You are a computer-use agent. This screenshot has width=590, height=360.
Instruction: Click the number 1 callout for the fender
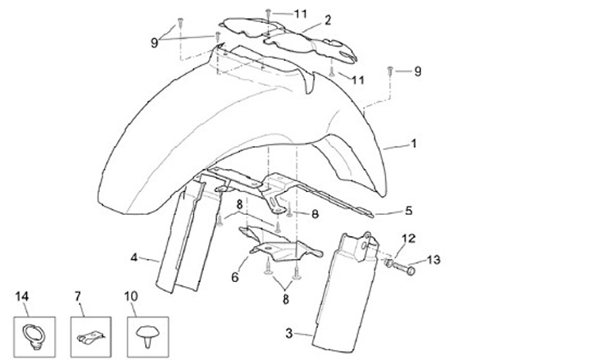[x=414, y=144]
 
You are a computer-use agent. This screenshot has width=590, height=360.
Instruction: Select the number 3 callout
[x=288, y=333]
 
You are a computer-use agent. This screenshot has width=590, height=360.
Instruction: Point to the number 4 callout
[x=134, y=257]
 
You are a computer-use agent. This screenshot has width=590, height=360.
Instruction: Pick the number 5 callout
[x=408, y=210]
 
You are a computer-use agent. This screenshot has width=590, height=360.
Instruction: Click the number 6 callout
[x=234, y=278]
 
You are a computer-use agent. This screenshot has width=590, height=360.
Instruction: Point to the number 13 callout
[x=433, y=260]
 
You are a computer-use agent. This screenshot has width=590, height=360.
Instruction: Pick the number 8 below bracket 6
[x=285, y=301]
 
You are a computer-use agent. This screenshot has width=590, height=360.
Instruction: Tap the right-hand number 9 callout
[x=417, y=71]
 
